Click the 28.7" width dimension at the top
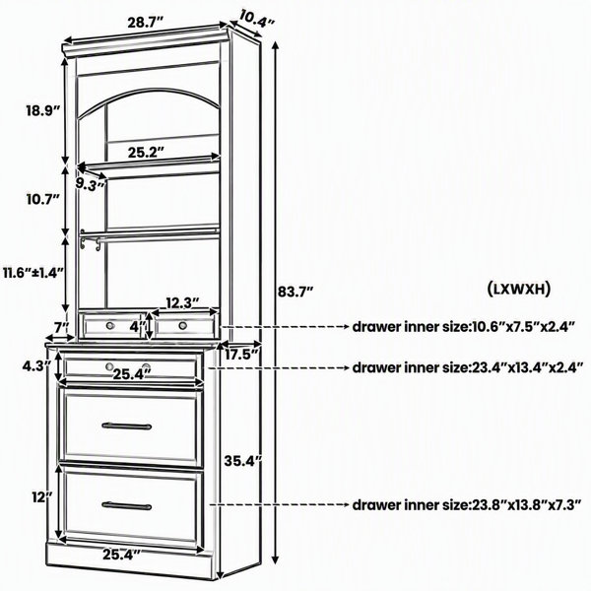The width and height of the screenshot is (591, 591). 145,23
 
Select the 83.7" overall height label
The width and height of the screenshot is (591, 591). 295,292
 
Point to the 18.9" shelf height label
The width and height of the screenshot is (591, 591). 43,110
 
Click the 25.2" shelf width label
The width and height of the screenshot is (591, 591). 147,152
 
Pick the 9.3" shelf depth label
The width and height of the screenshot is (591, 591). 90,185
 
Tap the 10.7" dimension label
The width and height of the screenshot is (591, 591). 43,199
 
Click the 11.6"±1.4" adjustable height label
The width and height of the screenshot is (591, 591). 33,272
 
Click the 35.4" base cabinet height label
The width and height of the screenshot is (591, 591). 242,461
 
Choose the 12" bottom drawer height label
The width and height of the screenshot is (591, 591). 41,497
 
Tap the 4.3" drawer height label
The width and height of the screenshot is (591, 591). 36,365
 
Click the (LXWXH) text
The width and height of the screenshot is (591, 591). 519,289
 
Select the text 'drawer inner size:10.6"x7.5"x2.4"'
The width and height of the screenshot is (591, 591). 464,327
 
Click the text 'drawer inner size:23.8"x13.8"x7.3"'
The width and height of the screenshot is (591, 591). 467,504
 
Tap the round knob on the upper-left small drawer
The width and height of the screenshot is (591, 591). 110,325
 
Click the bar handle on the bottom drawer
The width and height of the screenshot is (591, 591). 127,506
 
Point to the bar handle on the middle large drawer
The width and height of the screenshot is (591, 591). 127,426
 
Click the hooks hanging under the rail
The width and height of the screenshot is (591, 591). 91,242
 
